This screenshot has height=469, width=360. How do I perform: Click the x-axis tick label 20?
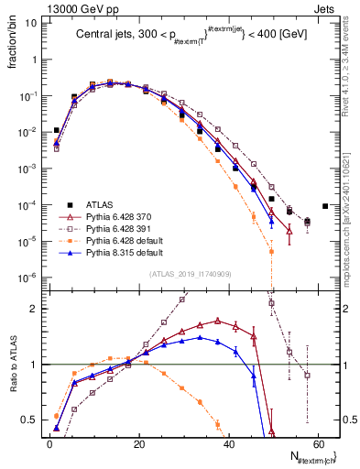(x=139, y=442)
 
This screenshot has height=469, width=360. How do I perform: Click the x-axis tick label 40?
(x=229, y=442)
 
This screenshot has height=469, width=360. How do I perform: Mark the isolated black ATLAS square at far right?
(x=326, y=206)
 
